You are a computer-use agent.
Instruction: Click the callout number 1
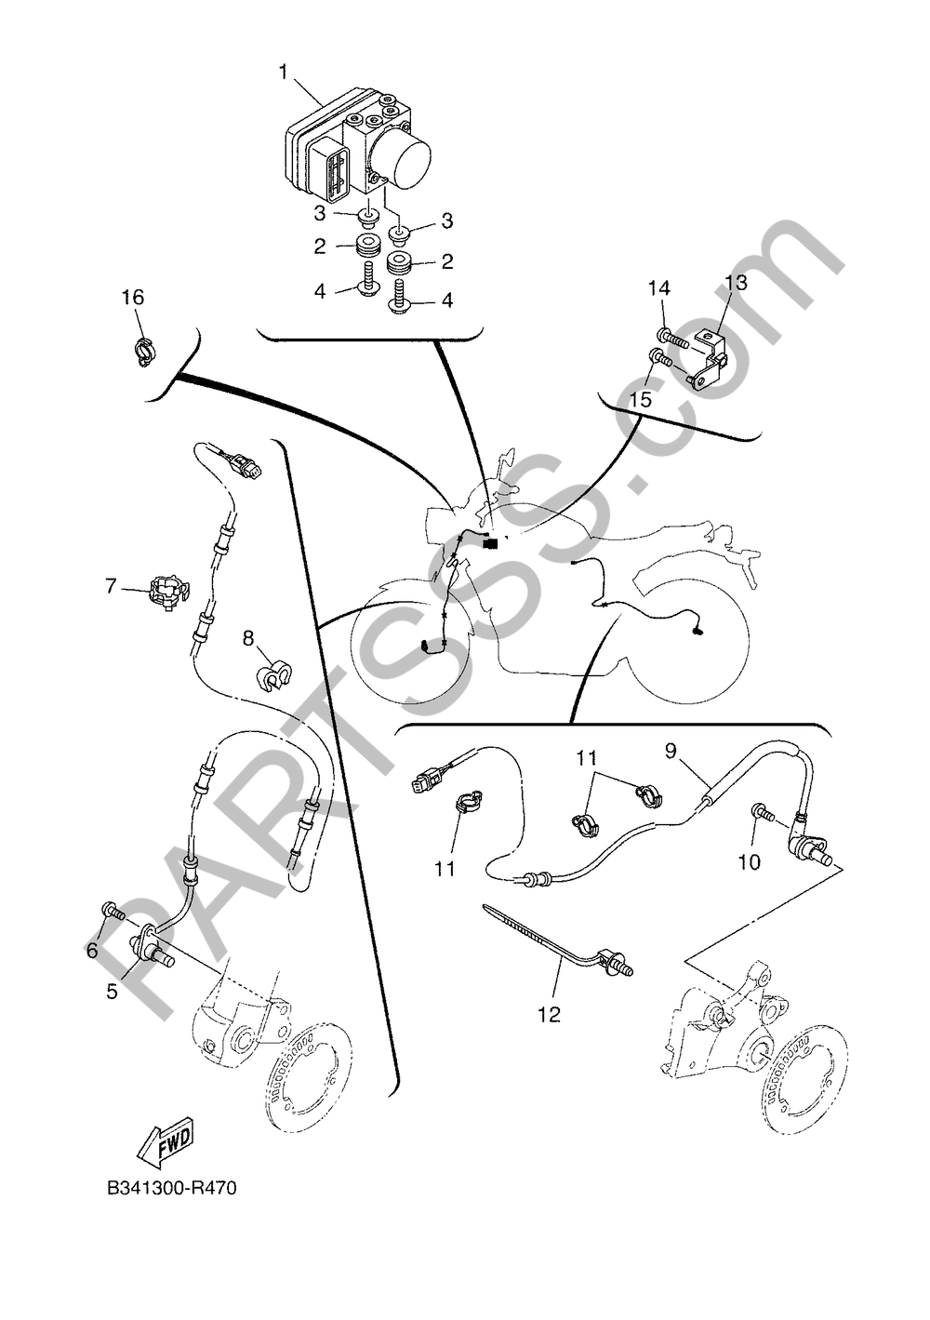284,73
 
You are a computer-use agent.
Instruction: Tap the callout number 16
134,298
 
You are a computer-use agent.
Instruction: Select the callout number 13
736,283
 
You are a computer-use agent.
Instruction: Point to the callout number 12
549,1015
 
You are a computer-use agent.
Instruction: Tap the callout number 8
248,637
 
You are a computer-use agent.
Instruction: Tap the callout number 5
112,992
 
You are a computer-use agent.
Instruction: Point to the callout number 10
750,862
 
